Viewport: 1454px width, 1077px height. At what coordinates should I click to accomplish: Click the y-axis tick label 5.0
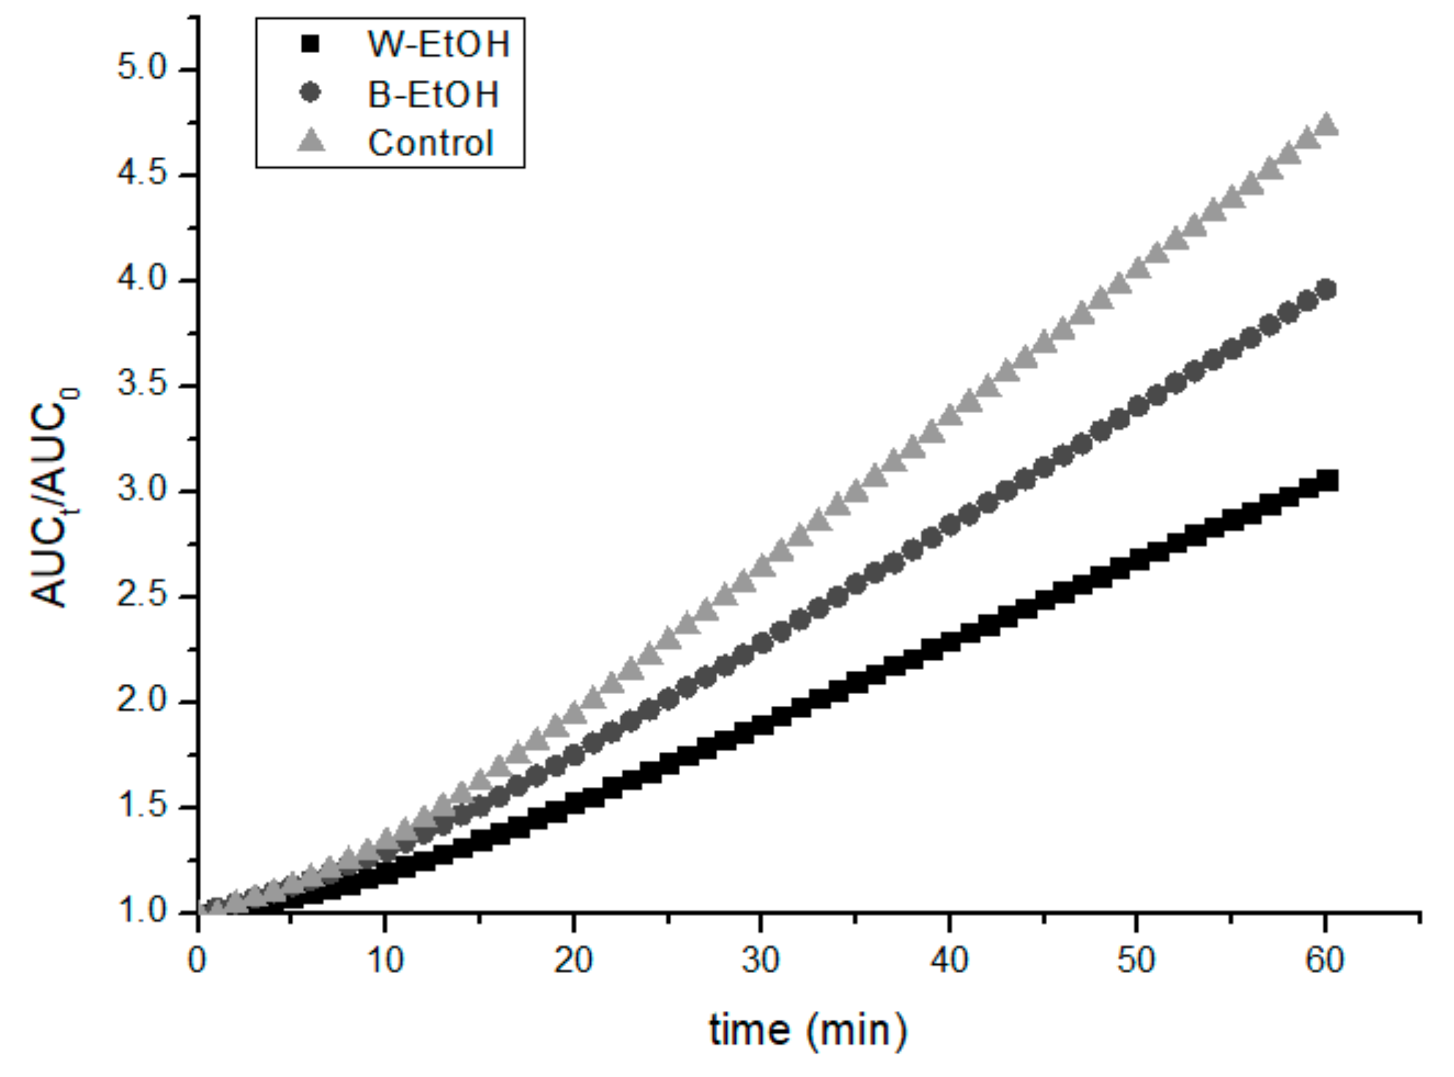[142, 69]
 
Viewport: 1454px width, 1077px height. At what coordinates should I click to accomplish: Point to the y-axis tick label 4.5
[142, 174]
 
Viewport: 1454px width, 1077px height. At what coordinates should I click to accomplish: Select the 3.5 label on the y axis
[142, 385]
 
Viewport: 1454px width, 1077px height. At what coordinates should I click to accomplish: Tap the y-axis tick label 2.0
[142, 701]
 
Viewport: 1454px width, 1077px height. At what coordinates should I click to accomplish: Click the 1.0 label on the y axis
[142, 912]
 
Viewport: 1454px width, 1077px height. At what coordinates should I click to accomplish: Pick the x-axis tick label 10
[385, 959]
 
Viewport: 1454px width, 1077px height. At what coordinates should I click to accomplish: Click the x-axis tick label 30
[760, 959]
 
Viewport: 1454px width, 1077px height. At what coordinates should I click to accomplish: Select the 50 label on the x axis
[1136, 959]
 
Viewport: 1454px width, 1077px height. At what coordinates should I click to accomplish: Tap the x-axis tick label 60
[1324, 959]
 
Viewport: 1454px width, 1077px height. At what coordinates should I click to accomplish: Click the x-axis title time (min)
[808, 1030]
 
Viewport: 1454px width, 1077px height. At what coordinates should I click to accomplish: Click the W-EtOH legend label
[439, 45]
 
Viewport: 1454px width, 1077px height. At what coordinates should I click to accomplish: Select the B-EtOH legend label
[433, 94]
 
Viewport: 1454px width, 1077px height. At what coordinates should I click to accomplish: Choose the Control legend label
[431, 143]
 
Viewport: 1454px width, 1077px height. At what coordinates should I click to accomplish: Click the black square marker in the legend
[310, 44]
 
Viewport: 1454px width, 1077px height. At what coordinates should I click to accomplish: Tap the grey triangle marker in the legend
[310, 143]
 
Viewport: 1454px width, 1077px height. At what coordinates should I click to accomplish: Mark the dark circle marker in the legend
[310, 93]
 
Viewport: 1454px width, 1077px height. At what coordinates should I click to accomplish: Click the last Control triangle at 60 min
[1326, 126]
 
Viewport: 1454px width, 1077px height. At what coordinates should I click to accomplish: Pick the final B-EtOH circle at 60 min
[1326, 290]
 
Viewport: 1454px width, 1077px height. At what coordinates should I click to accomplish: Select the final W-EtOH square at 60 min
[1327, 480]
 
